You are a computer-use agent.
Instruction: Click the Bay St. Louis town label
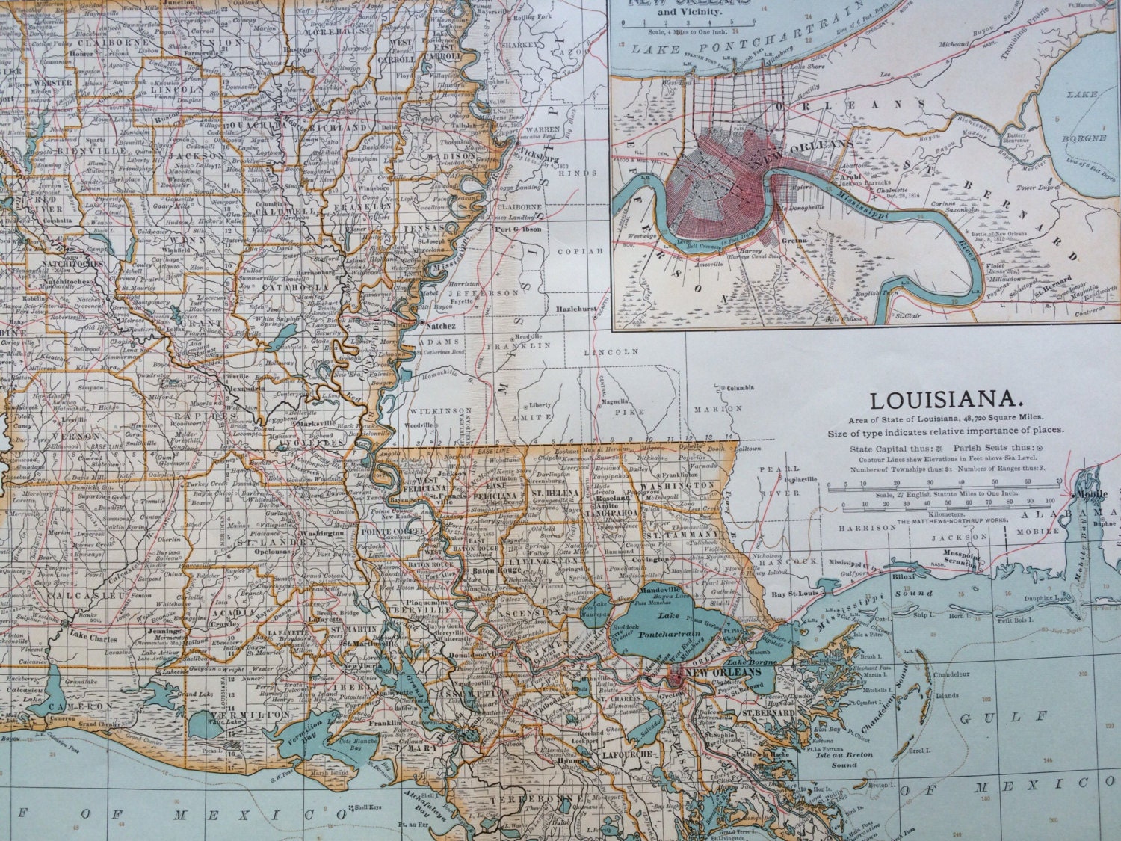[791, 594]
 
